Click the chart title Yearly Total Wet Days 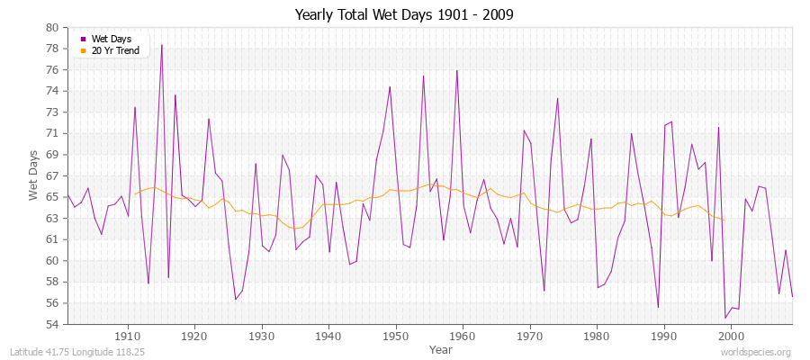coord(404,15)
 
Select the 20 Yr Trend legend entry coord(114,50)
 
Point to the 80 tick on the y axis coord(52,27)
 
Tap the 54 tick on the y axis coord(52,324)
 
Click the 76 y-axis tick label coord(52,69)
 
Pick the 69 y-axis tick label coord(52,155)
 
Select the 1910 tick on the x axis coord(128,336)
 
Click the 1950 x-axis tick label coord(396,336)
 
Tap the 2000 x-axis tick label coord(731,336)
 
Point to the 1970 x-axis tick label coord(530,336)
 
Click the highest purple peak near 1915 coord(162,45)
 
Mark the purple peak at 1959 coord(457,70)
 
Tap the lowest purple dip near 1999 coord(725,318)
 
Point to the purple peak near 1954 coord(423,76)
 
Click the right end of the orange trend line coord(724,220)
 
